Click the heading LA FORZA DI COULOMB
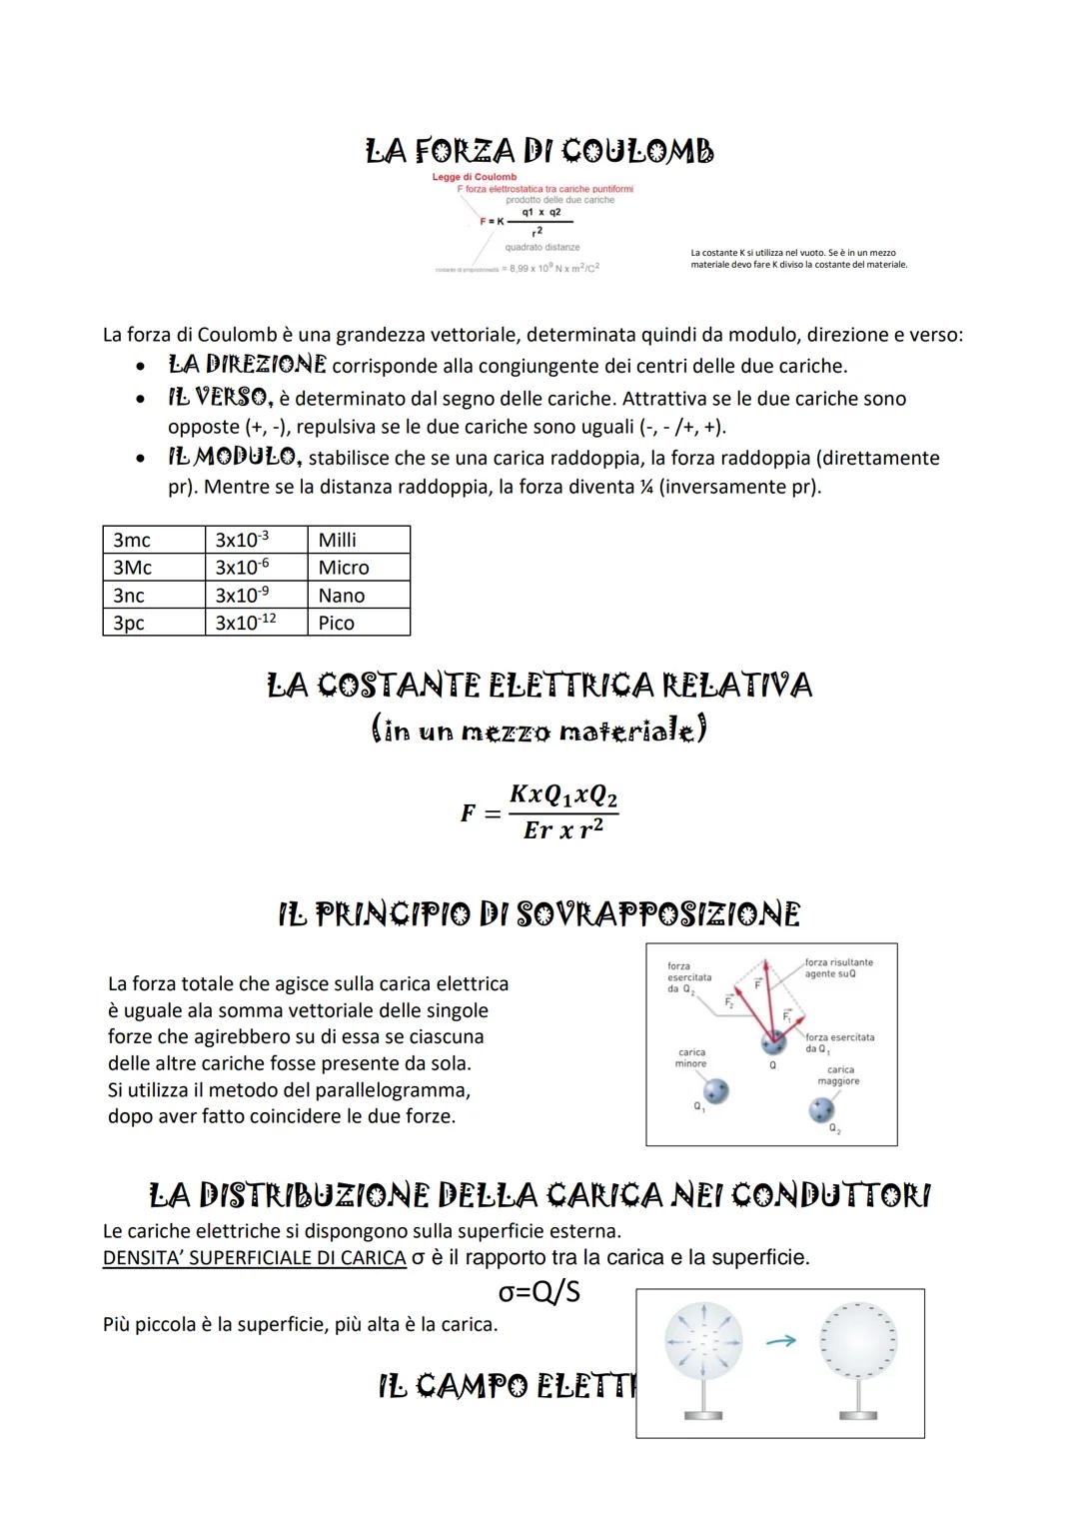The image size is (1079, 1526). pos(539,151)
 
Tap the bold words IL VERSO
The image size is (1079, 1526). pos(220,397)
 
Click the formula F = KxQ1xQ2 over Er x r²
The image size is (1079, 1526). pos(540,811)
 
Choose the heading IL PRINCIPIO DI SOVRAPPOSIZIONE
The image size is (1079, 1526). pos(539,913)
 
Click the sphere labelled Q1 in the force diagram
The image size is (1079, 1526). pos(715,1090)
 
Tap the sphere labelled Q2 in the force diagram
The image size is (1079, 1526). pos(822,1109)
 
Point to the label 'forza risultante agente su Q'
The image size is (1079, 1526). pos(838,967)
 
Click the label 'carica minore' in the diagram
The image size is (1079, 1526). pos(691,1057)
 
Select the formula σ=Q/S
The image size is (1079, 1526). pos(539,1292)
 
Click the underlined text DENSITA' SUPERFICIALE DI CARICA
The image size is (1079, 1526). pos(254,1258)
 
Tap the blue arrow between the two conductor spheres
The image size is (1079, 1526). pos(781,1341)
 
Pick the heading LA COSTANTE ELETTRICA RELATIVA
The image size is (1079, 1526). pos(539,686)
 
